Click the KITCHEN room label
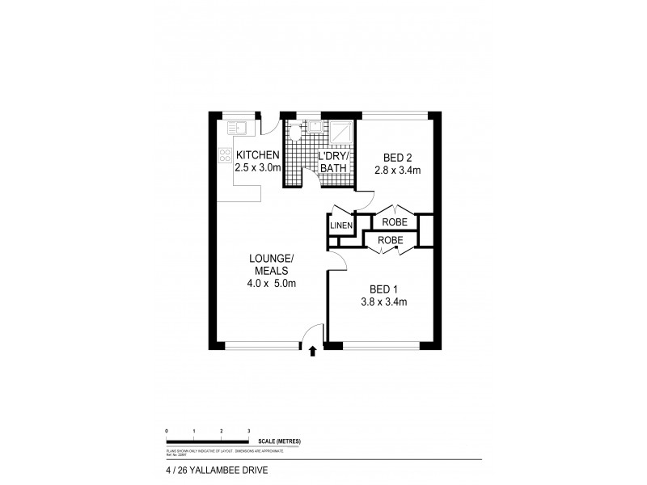pyautogui.click(x=257, y=155)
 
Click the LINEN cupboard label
pyautogui.click(x=341, y=226)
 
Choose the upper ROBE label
pyautogui.click(x=394, y=221)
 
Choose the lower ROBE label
pyautogui.click(x=391, y=240)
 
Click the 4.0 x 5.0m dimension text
pyautogui.click(x=272, y=284)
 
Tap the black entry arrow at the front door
pyautogui.click(x=313, y=350)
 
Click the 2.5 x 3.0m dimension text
pyautogui.click(x=257, y=168)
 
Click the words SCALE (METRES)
pyautogui.click(x=280, y=441)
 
